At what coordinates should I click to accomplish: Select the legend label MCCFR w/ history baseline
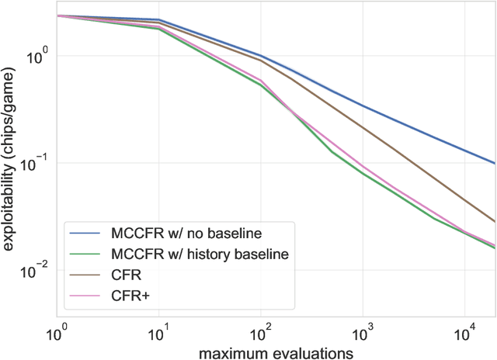pos(187,252)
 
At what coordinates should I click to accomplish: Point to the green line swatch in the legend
pos(85,252)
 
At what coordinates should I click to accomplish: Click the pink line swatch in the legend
pos(85,295)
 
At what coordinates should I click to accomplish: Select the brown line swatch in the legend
pos(85,274)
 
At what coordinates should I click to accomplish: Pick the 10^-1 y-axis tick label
pos(37,163)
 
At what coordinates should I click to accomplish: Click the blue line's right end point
pos(495,163)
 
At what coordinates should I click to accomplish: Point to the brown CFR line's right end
pos(495,221)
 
